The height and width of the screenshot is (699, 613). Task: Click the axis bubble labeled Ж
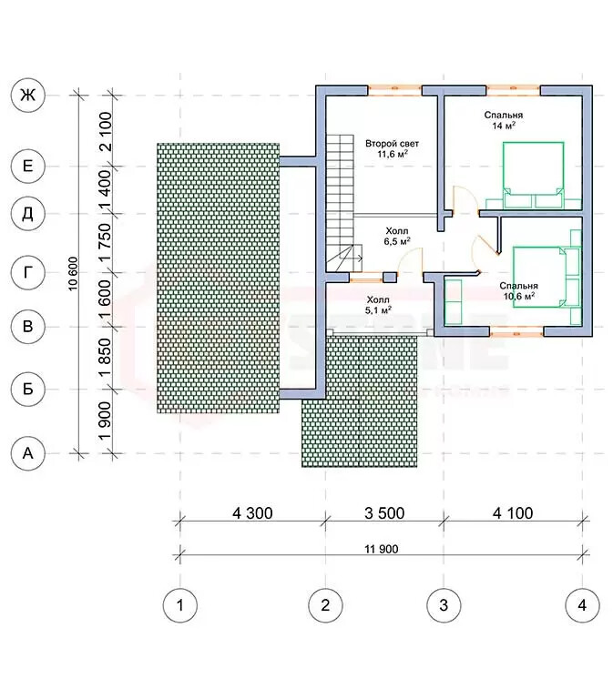[27, 96]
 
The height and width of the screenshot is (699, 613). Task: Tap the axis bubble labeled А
[27, 453]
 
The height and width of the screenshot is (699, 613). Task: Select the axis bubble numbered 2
[325, 605]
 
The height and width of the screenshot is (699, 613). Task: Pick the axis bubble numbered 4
[582, 605]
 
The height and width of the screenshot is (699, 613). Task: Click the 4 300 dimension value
[252, 513]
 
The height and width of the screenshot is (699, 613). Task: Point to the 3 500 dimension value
[384, 513]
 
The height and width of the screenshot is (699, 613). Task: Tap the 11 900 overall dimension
[382, 549]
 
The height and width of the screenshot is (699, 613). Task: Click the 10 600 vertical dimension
[74, 274]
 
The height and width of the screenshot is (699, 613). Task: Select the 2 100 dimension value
[106, 132]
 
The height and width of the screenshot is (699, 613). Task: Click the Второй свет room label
[393, 144]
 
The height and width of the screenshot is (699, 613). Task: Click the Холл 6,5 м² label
[397, 237]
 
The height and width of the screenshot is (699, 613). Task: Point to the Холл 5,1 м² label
[378, 305]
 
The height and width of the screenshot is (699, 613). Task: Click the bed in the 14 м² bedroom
[534, 175]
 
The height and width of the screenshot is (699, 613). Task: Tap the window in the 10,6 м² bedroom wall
[516, 331]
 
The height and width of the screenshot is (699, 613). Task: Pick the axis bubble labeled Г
[27, 272]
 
